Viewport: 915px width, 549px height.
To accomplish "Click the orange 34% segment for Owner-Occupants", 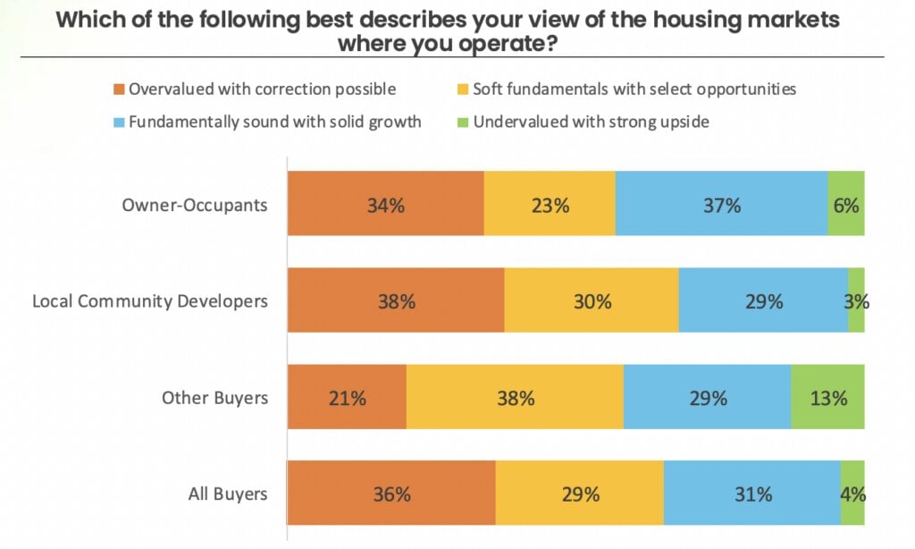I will (385, 204).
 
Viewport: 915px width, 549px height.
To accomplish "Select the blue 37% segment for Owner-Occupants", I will (721, 204).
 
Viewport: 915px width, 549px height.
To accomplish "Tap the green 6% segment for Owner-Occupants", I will (846, 204).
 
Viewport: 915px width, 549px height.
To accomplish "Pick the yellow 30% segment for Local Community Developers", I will (592, 300).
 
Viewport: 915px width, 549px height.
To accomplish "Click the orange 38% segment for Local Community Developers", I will (395, 300).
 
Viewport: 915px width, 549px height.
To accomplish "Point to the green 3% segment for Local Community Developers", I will (857, 300).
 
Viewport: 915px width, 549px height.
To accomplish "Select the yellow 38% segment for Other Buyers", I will (515, 397).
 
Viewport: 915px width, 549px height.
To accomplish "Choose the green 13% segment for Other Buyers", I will (827, 397).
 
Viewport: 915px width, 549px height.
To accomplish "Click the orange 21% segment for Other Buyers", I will (347, 397).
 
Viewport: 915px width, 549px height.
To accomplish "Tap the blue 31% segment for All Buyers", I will (751, 494).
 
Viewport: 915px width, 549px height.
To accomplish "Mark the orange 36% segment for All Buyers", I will (390, 494).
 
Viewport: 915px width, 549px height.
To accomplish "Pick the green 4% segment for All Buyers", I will (852, 494).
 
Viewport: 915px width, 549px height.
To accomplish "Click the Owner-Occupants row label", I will (194, 205).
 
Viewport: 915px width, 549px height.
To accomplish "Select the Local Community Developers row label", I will (150, 300).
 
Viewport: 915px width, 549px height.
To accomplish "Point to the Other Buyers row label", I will (214, 397).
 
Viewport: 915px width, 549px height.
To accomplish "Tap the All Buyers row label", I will (228, 494).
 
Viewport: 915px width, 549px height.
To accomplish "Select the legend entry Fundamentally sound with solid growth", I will (274, 122).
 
